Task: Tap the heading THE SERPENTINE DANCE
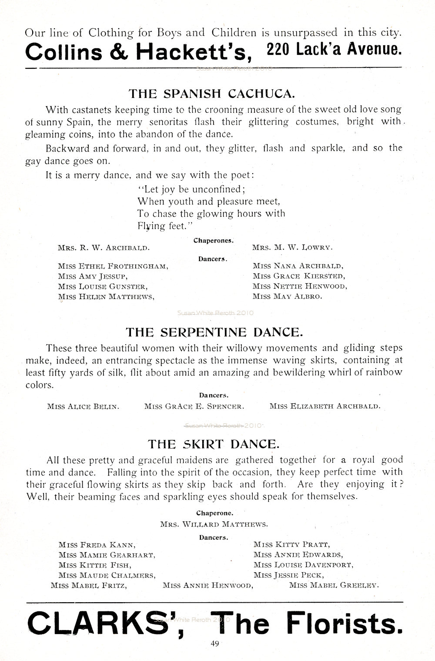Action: click(x=214, y=332)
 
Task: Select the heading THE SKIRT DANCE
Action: click(x=213, y=444)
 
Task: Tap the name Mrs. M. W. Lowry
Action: click(x=292, y=247)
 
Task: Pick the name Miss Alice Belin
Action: click(x=83, y=406)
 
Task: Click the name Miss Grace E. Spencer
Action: click(x=194, y=406)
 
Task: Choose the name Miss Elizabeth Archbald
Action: click(x=325, y=406)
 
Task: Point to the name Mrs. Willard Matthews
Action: click(x=214, y=524)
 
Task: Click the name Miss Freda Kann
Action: click(x=97, y=544)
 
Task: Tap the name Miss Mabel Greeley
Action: click(x=334, y=585)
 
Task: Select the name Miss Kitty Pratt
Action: click(x=291, y=544)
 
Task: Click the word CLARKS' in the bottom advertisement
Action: click(x=103, y=623)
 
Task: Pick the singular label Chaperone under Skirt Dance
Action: click(x=214, y=513)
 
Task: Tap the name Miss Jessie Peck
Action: click(x=289, y=575)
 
